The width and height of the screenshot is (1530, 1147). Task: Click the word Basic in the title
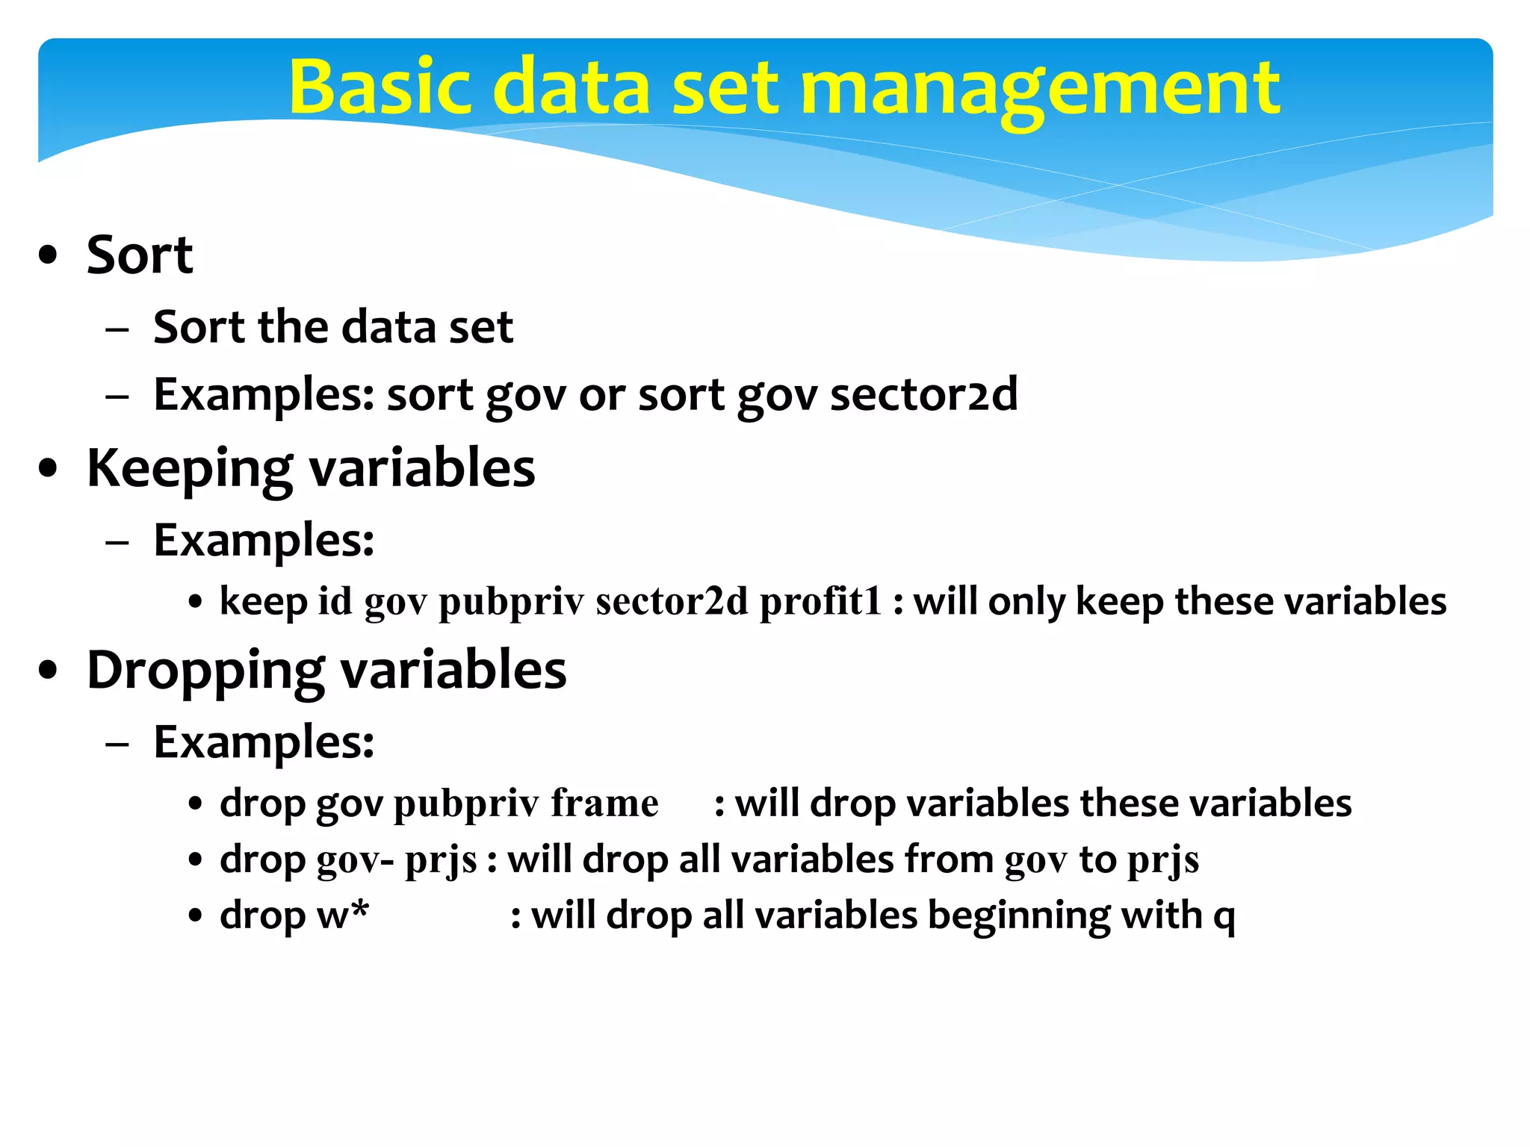380,87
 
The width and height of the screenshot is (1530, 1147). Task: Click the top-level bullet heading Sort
140,255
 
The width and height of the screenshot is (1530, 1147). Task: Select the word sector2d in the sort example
923,394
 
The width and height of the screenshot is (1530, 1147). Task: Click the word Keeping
189,469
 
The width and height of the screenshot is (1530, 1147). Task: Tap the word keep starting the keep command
263,601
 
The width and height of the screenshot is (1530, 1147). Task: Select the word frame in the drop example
604,803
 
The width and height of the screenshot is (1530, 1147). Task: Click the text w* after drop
343,916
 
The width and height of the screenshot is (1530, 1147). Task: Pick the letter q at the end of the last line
1224,917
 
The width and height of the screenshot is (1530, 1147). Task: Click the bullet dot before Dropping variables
49,671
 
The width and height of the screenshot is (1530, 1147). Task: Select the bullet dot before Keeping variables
49,470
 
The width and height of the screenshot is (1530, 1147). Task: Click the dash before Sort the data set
117,329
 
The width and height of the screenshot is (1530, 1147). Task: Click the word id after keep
335,601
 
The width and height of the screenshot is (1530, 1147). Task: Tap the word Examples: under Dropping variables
264,742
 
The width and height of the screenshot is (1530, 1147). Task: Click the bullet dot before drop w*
196,916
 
